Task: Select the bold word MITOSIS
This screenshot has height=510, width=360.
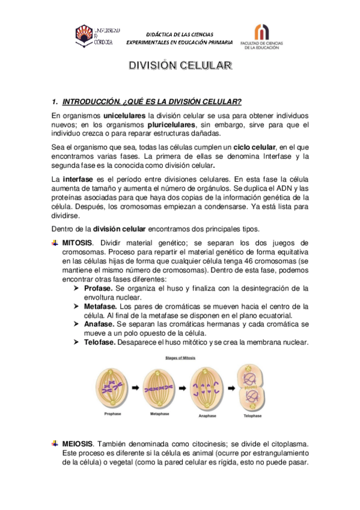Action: [78, 242]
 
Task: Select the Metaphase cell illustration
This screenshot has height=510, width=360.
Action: [159, 386]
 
